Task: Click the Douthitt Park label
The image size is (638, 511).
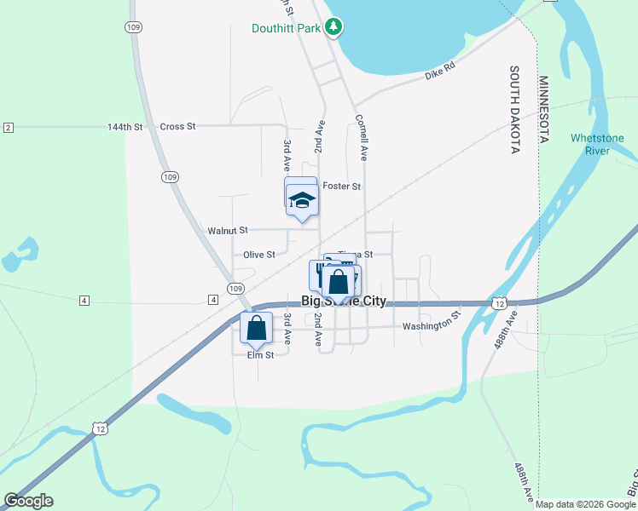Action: [x=287, y=28]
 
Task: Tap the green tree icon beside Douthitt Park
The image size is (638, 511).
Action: [x=334, y=27]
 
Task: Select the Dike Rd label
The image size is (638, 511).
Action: [x=440, y=76]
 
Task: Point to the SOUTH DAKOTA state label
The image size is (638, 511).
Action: [x=514, y=110]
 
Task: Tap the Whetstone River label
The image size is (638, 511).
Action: [x=597, y=144]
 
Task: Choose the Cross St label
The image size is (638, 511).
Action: [x=177, y=126]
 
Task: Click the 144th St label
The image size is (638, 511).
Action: [x=125, y=126]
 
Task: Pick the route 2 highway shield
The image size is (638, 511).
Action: [x=9, y=128]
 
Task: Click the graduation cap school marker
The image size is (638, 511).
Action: [x=302, y=201]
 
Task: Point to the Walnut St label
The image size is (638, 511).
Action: [x=227, y=230]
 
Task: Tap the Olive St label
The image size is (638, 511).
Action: [x=259, y=255]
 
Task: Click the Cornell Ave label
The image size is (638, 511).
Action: [x=362, y=138]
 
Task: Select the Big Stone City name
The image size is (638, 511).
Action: [x=344, y=301]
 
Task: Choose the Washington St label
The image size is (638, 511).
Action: [x=431, y=326]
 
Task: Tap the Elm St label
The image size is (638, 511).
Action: [x=260, y=355]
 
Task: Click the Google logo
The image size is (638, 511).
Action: [x=28, y=501]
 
